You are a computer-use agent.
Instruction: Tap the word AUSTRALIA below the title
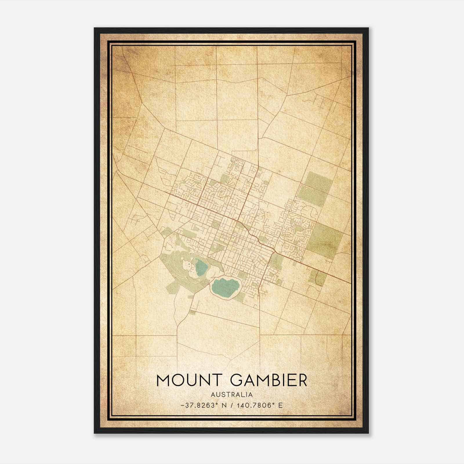click(232, 394)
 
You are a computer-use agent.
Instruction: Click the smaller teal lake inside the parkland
click(200, 267)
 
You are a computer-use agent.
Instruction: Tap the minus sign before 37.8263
click(182, 405)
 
